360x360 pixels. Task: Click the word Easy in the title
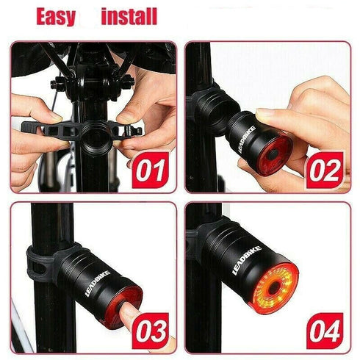(x=56, y=17)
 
